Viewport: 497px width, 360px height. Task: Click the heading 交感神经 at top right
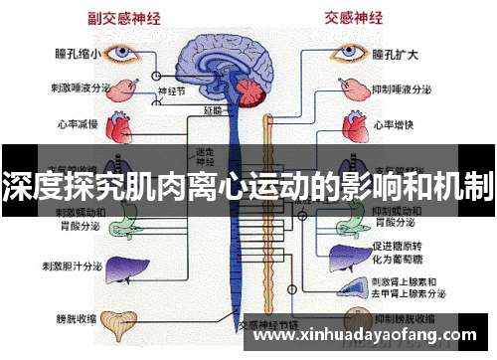click(353, 15)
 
